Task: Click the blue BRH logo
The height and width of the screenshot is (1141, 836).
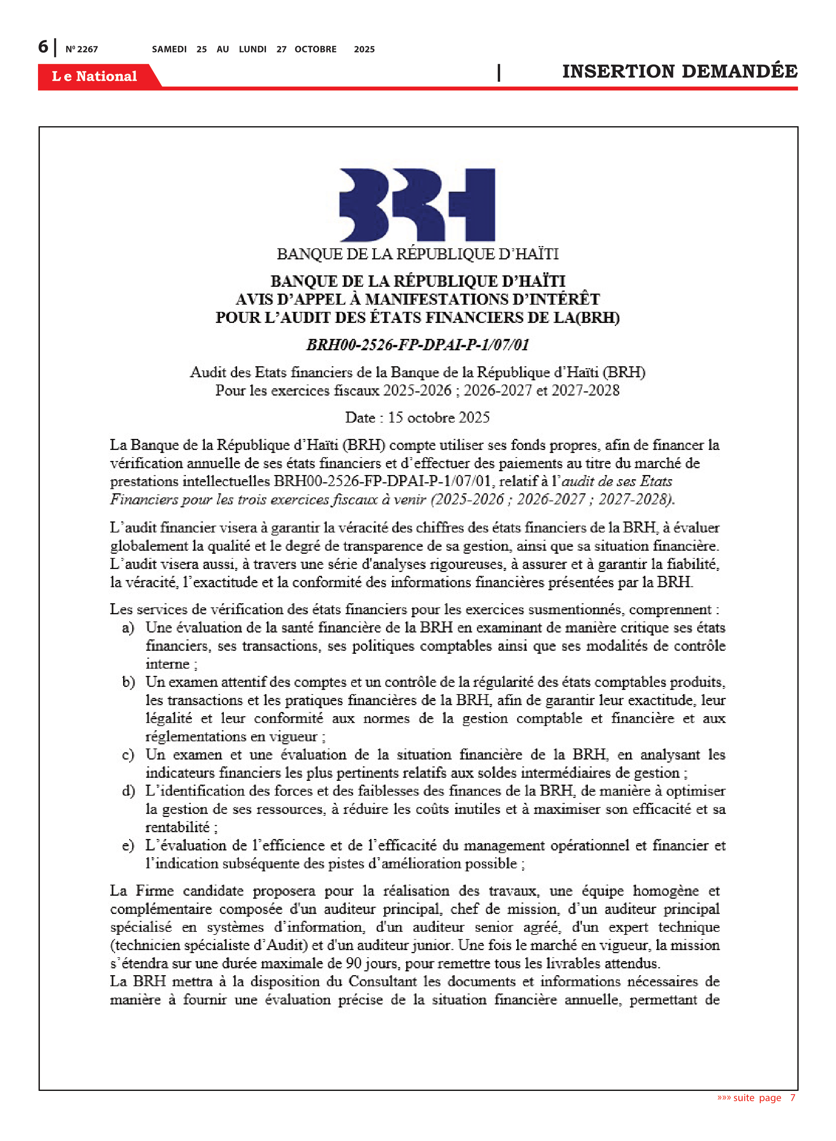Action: pos(417,205)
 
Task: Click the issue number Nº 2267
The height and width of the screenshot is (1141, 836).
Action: pos(81,49)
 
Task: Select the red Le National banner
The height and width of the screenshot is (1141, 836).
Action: pos(95,76)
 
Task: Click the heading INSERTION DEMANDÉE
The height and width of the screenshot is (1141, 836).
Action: pos(679,72)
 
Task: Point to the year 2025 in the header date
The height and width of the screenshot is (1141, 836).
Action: pos(364,49)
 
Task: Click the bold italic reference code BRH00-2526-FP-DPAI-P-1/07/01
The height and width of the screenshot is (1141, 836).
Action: pos(418,345)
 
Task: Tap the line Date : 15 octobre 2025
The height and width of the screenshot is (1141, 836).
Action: pos(418,417)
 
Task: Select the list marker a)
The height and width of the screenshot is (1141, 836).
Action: pos(128,628)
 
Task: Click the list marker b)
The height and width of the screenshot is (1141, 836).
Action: pos(128,682)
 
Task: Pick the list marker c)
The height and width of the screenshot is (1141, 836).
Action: pos(128,755)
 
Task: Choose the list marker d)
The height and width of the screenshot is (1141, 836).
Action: pos(128,791)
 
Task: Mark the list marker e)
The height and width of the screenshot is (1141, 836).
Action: pos(128,845)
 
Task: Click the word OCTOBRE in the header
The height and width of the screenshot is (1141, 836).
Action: pos(315,49)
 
